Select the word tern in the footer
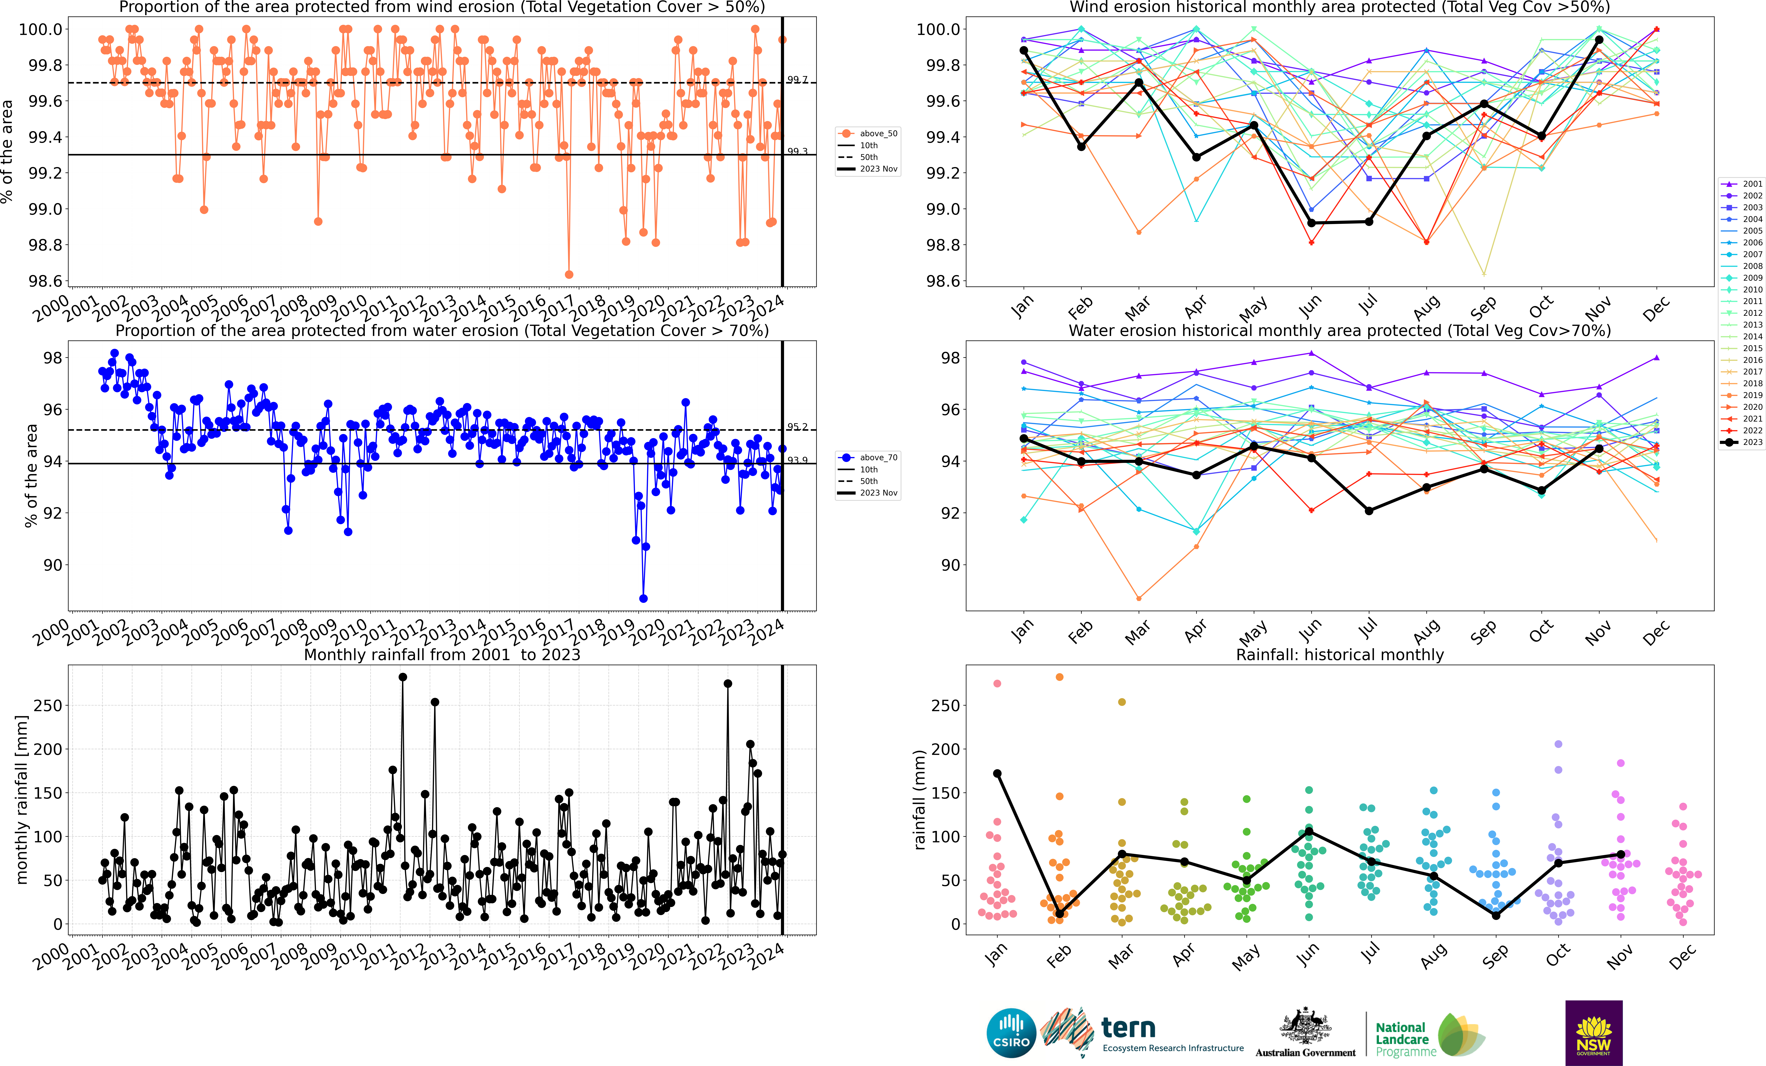pyautogui.click(x=1128, y=1028)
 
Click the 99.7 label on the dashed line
pyautogui.click(x=797, y=80)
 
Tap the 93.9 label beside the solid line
pyautogui.click(x=797, y=460)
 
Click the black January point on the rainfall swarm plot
pyautogui.click(x=997, y=774)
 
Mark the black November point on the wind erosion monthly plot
pyautogui.click(x=1599, y=40)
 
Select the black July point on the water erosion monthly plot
pyautogui.click(x=1369, y=511)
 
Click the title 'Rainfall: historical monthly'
pyautogui.click(x=1339, y=655)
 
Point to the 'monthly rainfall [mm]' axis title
pyautogui.click(x=21, y=799)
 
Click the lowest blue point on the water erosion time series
pyautogui.click(x=644, y=599)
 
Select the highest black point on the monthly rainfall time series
pyautogui.click(x=403, y=677)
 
